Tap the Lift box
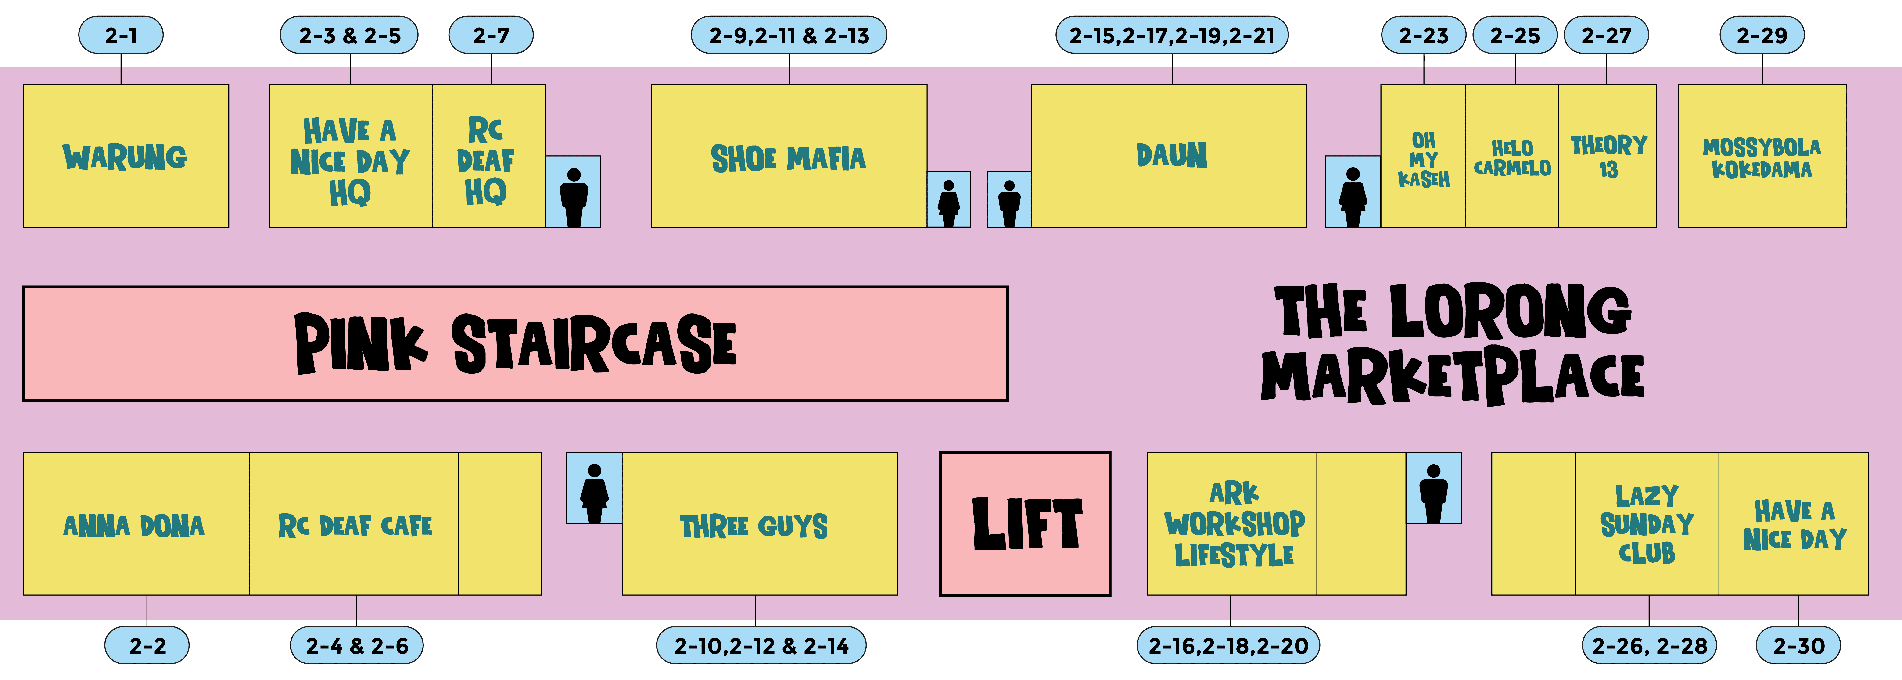coord(1025,523)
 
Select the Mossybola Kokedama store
coord(1762,157)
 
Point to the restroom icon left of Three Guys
coord(594,489)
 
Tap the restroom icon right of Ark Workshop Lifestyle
coord(1433,489)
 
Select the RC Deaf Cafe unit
coord(354,526)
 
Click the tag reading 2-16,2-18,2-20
coord(1228,646)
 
